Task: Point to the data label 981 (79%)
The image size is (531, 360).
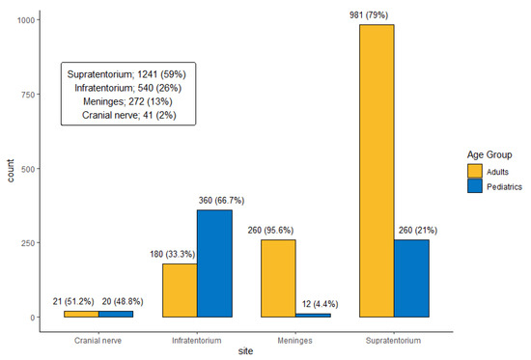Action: tap(376, 14)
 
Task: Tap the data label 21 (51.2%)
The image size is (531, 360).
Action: tap(80, 301)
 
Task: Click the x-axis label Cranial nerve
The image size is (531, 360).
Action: tap(98, 340)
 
